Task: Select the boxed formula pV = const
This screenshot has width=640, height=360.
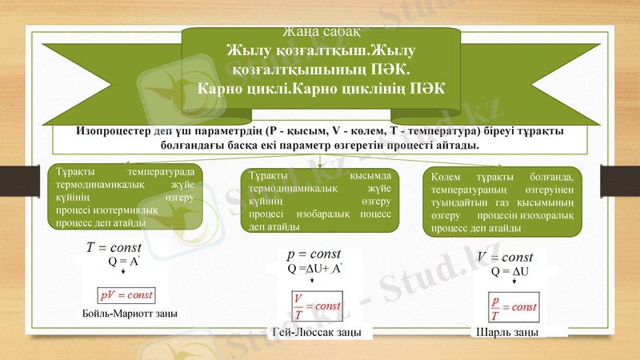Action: coord(126,294)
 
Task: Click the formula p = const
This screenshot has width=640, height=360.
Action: coord(314,254)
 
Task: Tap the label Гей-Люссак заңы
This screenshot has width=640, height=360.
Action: coord(315,332)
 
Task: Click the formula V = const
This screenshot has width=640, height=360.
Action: coord(505,257)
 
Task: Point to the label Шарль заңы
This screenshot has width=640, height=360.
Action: coord(506,332)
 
